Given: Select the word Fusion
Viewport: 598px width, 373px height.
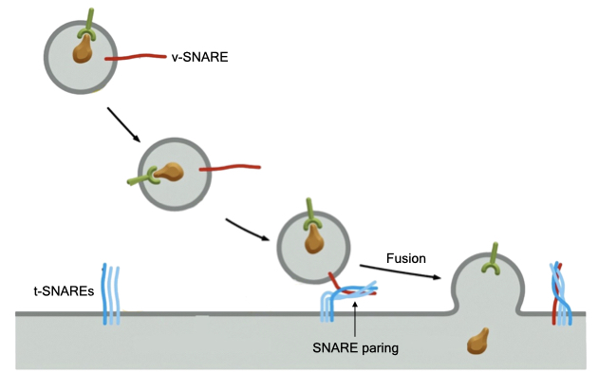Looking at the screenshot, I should pos(407,257).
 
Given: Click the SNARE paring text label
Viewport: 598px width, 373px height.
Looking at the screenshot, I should pos(355,348).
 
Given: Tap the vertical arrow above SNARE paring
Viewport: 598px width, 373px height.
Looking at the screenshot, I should pos(353,318).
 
